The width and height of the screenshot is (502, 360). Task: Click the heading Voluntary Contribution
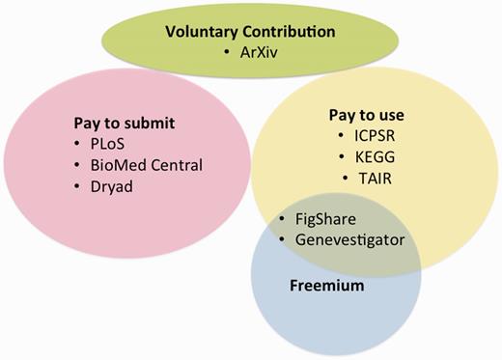(249, 31)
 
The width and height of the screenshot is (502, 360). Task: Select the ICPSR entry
(363, 136)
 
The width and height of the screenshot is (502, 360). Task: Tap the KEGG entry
(361, 156)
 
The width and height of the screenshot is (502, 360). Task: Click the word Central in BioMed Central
(177, 165)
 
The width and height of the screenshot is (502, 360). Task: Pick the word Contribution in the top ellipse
(295, 31)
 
